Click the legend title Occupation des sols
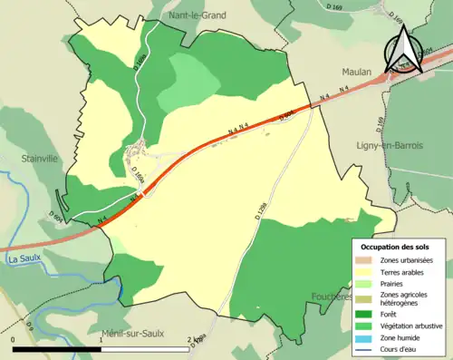coord(396,247)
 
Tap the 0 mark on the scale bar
coord(14,341)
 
